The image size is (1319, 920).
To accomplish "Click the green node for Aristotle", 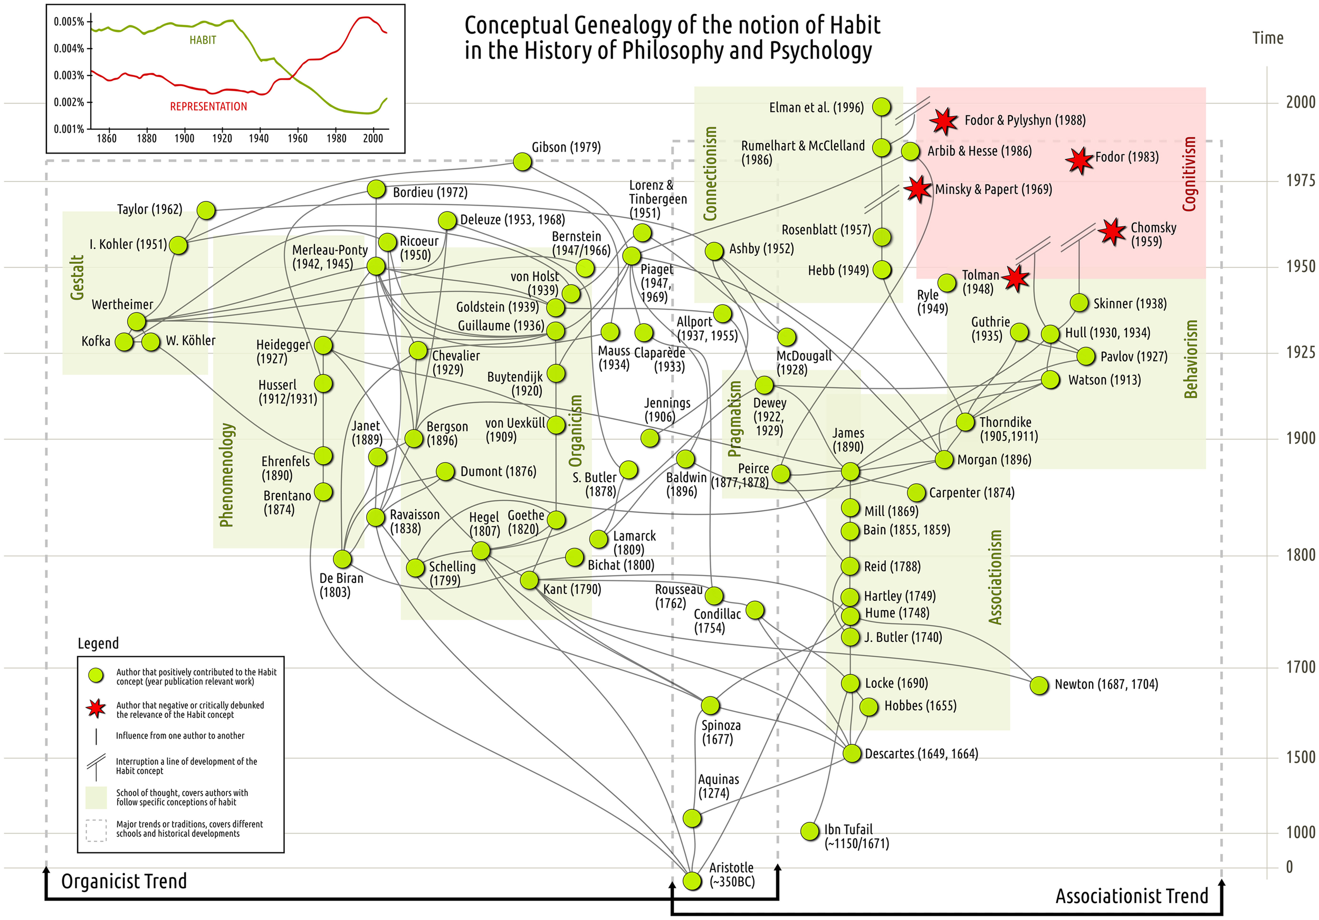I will (x=692, y=880).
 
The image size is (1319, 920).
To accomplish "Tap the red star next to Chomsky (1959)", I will (x=1112, y=232).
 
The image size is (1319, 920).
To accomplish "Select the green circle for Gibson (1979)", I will (x=522, y=162).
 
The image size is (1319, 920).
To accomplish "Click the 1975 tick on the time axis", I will (x=1300, y=181).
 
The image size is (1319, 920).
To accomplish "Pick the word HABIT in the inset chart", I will (x=203, y=40).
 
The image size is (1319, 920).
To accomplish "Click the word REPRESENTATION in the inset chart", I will (x=208, y=107).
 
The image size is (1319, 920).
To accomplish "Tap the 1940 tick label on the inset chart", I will (x=259, y=138).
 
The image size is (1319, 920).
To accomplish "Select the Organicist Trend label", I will (x=124, y=881).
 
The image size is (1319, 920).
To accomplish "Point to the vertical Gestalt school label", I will (x=78, y=277).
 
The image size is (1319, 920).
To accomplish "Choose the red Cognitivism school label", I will (x=1189, y=174).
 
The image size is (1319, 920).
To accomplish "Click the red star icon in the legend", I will (x=96, y=708).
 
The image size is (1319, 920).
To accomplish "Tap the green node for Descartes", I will (x=852, y=753).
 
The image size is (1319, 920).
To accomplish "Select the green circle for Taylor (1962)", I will (x=206, y=210).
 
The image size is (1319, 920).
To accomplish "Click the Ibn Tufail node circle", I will (x=809, y=830).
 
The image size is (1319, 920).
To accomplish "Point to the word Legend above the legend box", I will (x=98, y=643).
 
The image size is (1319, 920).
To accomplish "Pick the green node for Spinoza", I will (x=710, y=705).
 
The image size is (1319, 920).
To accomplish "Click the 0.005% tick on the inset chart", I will (x=69, y=22).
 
